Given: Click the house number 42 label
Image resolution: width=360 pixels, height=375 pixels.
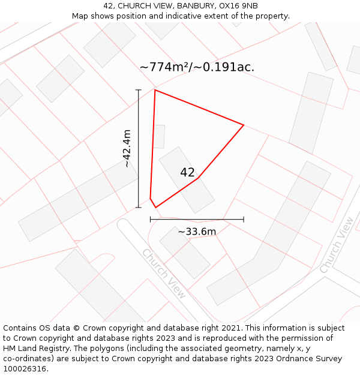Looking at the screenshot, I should [x=187, y=173].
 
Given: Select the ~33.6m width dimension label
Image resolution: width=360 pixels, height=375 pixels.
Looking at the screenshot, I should [x=197, y=232].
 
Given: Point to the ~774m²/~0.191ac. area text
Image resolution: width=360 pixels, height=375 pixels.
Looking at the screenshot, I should [x=197, y=67].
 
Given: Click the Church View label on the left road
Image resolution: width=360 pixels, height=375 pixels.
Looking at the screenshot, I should [x=164, y=274].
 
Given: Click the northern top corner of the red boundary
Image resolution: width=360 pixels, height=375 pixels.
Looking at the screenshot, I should [x=155, y=90].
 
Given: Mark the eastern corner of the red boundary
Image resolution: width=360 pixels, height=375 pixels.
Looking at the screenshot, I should [x=244, y=125].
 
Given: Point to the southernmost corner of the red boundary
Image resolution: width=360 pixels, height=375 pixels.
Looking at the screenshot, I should [x=155, y=208].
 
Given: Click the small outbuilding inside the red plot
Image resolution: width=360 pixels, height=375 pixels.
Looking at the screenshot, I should [x=158, y=136].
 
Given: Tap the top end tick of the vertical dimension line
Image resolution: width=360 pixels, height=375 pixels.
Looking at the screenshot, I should [x=139, y=90].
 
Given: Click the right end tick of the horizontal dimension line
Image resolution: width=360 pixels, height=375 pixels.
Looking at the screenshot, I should [x=244, y=220].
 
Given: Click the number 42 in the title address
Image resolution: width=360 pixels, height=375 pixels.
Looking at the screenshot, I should [x=108, y=5].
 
